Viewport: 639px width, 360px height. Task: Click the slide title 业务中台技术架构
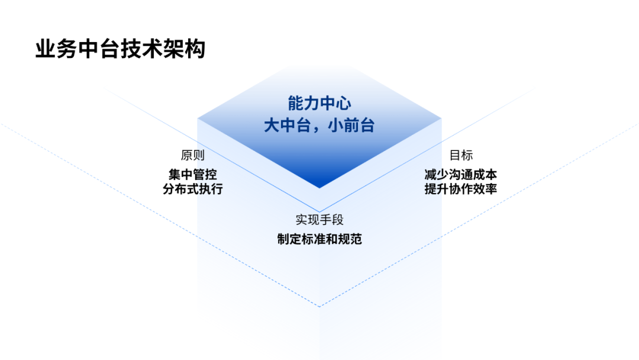pos(120,49)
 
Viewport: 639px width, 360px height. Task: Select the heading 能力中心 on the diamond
pos(319,103)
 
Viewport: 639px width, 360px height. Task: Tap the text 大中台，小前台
pos(319,125)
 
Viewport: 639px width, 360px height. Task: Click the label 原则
pos(193,155)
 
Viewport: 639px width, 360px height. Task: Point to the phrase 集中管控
pos(193,175)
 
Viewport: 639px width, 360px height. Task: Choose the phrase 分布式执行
pos(193,189)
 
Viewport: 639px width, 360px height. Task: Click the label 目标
pos(461,155)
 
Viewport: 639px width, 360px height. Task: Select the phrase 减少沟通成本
pos(461,175)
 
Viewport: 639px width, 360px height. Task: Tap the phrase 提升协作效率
pos(461,189)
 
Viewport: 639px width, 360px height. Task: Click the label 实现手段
pos(319,220)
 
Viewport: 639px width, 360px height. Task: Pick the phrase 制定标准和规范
pos(319,239)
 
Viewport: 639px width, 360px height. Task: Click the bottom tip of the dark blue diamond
pos(319,188)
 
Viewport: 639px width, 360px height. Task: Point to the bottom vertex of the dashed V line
pos(319,306)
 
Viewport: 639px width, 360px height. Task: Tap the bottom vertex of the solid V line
pos(319,212)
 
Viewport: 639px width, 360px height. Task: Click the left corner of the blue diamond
pos(198,118)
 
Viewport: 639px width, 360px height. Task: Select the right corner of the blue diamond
pos(441,118)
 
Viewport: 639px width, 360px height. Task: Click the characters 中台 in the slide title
pos(99,49)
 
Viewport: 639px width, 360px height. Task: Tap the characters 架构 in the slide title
pos(184,49)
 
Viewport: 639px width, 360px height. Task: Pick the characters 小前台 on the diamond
pos(351,125)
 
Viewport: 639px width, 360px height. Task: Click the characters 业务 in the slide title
pos(57,49)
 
